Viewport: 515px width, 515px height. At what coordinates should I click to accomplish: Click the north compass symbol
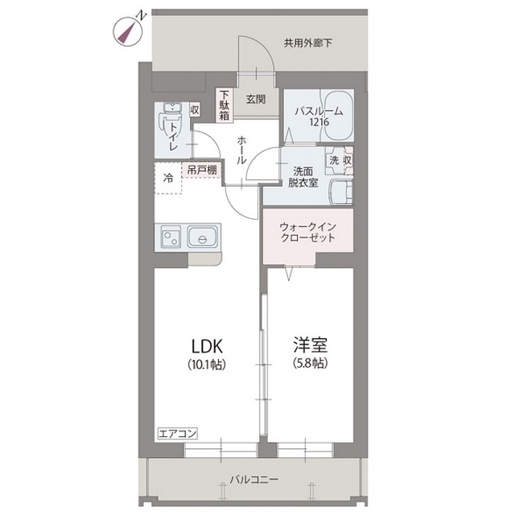click(128, 31)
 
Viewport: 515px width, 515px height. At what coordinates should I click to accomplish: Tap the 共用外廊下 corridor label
click(307, 43)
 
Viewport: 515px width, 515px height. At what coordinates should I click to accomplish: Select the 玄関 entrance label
click(256, 99)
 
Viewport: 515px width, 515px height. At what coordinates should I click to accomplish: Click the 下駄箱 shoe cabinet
click(225, 105)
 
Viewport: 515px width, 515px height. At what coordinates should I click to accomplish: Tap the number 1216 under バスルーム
click(319, 122)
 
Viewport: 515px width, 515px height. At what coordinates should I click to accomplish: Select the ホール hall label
click(241, 150)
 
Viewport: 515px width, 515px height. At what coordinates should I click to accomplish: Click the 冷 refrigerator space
click(168, 178)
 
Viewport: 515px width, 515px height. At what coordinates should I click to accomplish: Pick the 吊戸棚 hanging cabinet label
click(202, 171)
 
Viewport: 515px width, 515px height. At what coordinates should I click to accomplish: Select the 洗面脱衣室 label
click(303, 177)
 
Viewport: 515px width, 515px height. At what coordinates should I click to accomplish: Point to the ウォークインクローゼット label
click(307, 233)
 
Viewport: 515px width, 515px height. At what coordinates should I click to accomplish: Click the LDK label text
click(207, 346)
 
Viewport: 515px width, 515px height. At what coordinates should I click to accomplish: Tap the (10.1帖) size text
click(207, 365)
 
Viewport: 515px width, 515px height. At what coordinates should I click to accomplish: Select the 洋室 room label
click(311, 344)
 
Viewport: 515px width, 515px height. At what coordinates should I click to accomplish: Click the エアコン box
click(177, 433)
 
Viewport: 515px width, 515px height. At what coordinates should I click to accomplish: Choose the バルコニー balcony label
click(254, 480)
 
